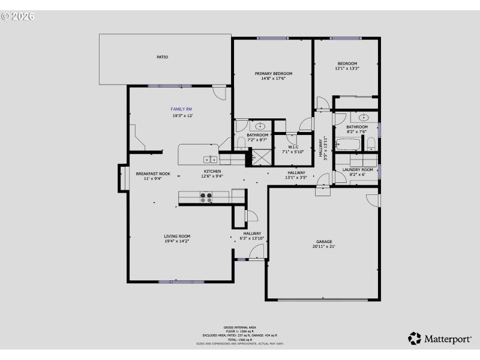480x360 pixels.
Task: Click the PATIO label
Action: pos(162,57)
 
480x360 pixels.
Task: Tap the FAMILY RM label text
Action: pos(181,109)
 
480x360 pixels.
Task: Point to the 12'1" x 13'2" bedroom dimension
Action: pos(347,69)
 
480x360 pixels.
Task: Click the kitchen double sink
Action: pos(210,160)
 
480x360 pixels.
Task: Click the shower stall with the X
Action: pos(261,157)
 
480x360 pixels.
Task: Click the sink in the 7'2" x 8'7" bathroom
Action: pos(261,127)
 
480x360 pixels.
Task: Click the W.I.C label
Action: pos(293,146)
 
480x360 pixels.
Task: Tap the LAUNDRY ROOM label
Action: pos(358,170)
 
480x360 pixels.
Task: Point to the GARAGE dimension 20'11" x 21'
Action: pos(324,247)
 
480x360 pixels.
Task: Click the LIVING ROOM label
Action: pos(177,236)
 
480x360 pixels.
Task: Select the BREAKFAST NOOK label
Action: pos(153,173)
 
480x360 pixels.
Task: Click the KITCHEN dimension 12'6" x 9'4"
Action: pos(211,176)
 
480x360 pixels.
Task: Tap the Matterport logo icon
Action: pos(415,338)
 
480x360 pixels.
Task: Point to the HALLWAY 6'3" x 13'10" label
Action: pos(252,236)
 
